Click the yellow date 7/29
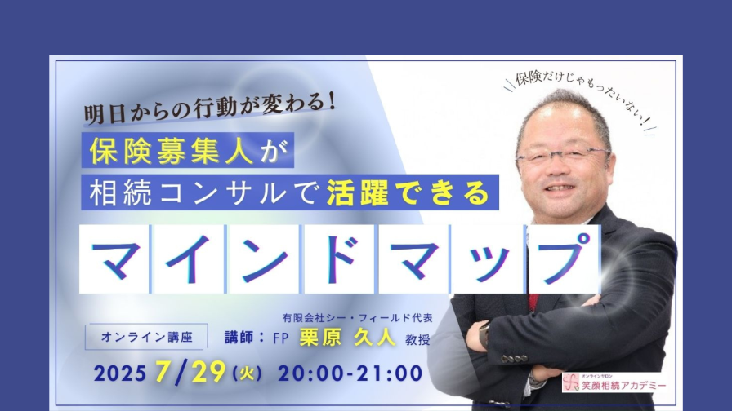coord(190,373)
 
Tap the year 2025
coord(120,373)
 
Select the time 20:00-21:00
coord(350,373)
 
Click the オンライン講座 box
coord(146,337)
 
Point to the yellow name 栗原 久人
coord(347,338)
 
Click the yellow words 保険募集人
coord(172,151)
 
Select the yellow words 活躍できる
coord(408,192)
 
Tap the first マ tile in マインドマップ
coord(114,259)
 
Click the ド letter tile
coord(339,259)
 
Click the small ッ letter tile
coord(488,259)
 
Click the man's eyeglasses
coord(564,155)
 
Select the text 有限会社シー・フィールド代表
coord(358,318)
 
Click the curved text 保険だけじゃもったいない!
coord(580,97)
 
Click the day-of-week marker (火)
coord(247,373)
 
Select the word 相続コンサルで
coord(204,192)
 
